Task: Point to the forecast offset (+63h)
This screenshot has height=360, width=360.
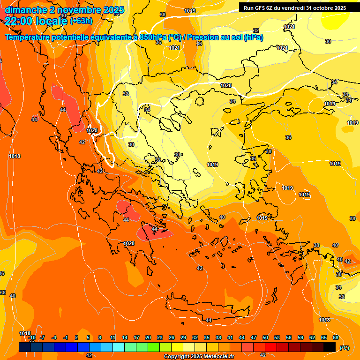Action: (81, 21)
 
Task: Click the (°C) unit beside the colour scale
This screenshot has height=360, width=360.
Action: (345, 348)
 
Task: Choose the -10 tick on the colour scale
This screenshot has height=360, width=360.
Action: (32, 338)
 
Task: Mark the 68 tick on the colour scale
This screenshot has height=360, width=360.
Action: (336, 338)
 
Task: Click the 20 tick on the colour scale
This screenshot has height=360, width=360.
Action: (148, 338)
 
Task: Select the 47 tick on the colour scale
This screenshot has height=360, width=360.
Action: (254, 338)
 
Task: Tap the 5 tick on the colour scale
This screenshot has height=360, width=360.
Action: (88, 338)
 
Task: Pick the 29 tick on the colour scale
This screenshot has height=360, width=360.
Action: (183, 338)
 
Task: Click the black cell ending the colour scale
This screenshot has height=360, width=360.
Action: (330, 347)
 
